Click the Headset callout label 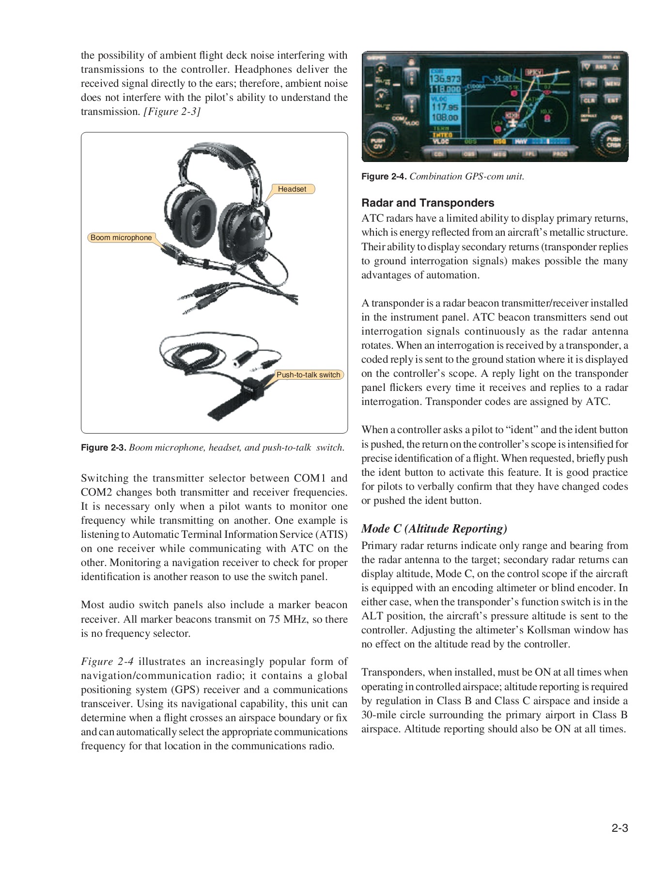pos(292,189)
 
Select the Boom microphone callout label pos(121,238)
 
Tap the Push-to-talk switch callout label pos(308,375)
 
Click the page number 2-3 pos(619,828)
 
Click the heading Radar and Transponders pos(428,203)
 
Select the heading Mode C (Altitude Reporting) pos(434,528)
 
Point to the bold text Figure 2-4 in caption pos(384,177)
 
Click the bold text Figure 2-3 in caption pos(103,448)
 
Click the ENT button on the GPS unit pos(612,100)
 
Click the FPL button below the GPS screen pos(529,154)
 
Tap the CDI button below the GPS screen pos(439,154)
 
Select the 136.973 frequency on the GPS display pos(446,79)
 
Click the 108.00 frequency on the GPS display pos(445,117)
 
